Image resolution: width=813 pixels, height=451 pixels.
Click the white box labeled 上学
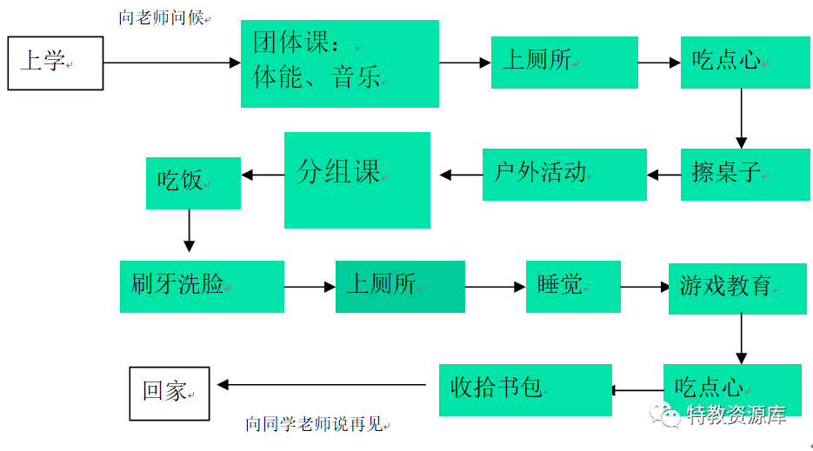[x=56, y=63]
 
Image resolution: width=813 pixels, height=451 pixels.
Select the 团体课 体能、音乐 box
[x=339, y=63]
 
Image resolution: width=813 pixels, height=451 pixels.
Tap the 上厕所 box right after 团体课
[x=563, y=63]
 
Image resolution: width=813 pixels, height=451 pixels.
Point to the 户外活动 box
[x=564, y=174]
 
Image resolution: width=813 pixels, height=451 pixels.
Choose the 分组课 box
[x=357, y=180]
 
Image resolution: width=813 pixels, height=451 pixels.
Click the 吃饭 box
[x=193, y=182]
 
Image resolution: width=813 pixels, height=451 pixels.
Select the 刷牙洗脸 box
[x=202, y=286]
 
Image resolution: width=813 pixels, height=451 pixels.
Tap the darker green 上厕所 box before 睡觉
[x=400, y=286]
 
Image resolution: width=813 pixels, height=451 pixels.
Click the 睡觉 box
[x=573, y=286]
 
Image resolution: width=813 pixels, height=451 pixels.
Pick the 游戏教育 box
[x=735, y=288]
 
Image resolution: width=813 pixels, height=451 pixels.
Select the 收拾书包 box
[x=525, y=389]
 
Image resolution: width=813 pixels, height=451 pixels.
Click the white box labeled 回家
[x=170, y=393]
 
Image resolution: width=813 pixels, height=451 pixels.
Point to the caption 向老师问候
[x=163, y=17]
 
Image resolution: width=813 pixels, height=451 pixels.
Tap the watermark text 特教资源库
[x=736, y=415]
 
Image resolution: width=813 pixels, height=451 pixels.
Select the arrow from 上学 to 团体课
[x=171, y=63]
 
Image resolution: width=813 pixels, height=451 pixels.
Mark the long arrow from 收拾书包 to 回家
[x=322, y=385]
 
